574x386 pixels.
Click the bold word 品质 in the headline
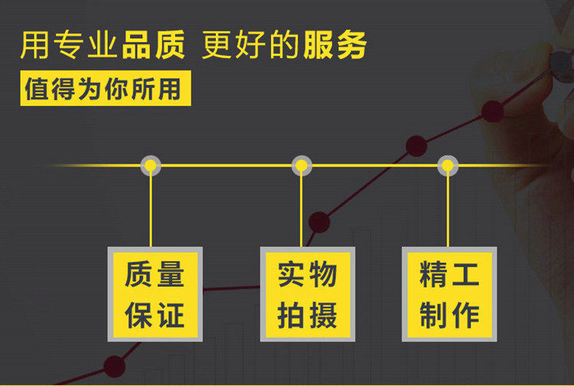(153, 46)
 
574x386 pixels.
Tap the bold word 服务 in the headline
(334, 46)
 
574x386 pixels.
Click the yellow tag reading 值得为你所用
(105, 89)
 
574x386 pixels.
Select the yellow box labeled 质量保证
(155, 294)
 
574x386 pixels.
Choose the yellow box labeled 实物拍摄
(307, 294)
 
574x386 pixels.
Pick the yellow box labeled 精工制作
(449, 294)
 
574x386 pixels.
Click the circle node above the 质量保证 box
(151, 165)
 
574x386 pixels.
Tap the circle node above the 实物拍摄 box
(302, 165)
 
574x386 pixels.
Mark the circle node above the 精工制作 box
(448, 165)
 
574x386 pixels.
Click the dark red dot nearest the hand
(493, 112)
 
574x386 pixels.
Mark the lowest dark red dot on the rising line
(114, 367)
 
